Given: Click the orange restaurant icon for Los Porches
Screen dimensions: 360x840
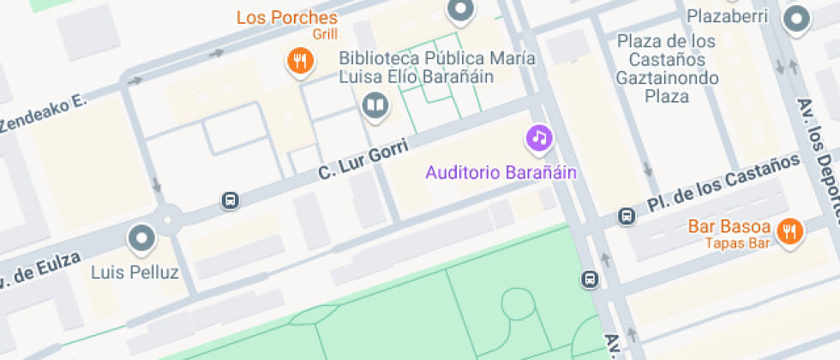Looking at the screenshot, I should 299,60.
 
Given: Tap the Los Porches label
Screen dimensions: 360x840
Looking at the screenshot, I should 286,17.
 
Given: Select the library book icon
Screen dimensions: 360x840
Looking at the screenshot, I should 375,106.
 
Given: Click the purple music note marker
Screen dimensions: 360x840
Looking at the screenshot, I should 538,136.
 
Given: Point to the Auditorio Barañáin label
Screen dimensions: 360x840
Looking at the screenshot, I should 501,172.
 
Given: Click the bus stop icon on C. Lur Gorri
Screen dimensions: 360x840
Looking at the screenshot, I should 230,201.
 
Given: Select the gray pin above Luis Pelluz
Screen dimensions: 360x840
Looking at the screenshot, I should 141,237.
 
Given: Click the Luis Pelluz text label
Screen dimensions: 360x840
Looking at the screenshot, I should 135,273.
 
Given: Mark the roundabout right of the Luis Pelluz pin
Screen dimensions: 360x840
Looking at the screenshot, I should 168,219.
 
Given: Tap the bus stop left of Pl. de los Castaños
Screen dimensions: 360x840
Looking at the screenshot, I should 627,217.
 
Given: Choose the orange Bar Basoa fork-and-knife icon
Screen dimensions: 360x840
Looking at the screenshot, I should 789,230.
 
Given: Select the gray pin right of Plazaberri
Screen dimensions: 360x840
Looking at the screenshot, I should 797,18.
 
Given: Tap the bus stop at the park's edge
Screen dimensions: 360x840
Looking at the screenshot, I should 590,279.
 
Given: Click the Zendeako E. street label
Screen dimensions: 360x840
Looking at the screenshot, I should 44,114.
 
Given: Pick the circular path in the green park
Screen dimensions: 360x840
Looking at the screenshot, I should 518,303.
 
